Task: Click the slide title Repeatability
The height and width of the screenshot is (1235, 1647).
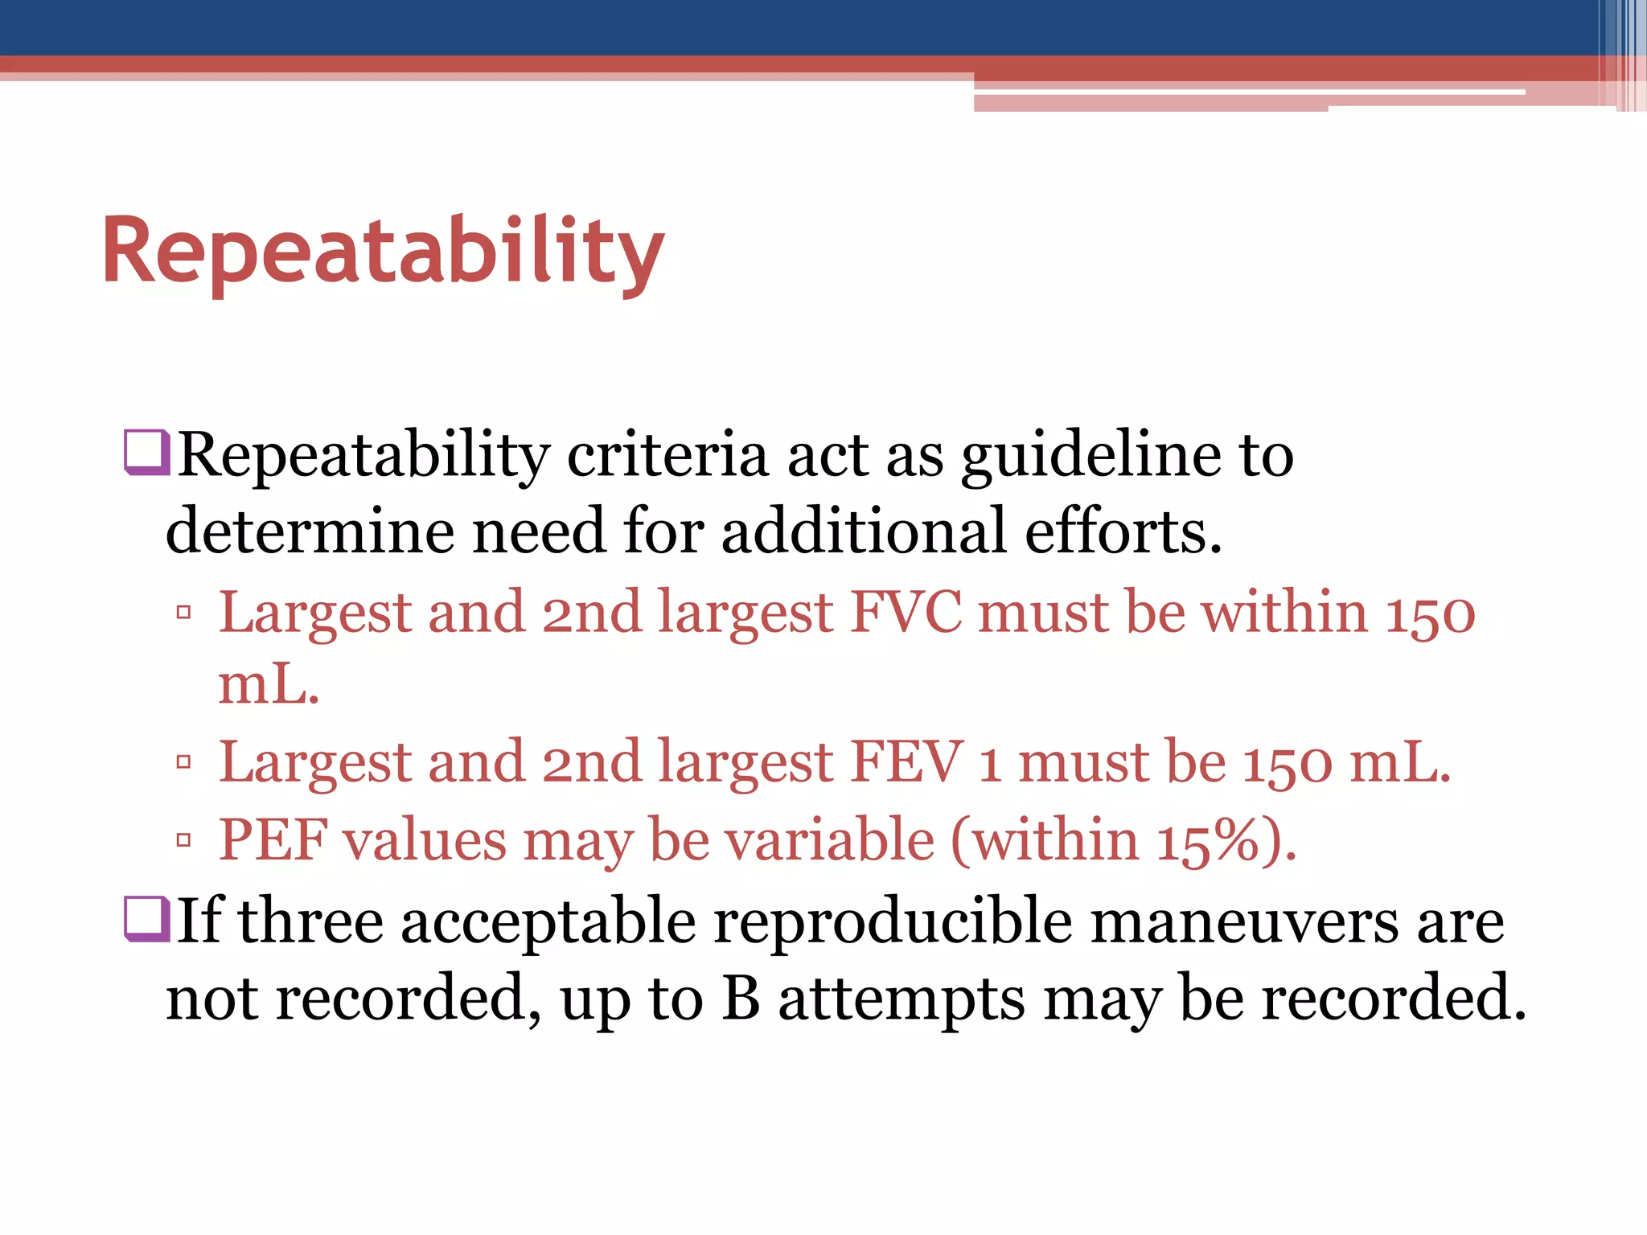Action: pos(383,252)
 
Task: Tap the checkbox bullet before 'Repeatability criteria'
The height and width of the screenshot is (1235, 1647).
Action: pos(146,452)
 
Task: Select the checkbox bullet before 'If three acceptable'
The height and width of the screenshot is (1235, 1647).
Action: pos(146,917)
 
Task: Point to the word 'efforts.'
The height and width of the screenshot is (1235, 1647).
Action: pos(1123,531)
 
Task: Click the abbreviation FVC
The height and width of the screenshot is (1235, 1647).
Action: pos(906,613)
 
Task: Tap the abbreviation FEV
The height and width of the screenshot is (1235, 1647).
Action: pos(906,762)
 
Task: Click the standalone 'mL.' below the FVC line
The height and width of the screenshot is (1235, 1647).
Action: pos(269,685)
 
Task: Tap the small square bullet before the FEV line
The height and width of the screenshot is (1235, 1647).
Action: pos(183,761)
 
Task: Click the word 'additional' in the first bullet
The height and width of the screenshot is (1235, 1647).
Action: pos(864,531)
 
